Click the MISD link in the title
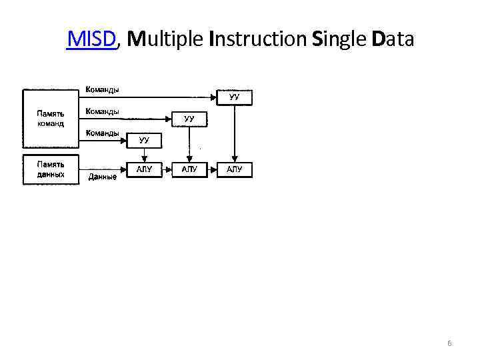[92, 39]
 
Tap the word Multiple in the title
[164, 39]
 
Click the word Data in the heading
[393, 39]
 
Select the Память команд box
[51, 119]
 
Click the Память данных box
[51, 169]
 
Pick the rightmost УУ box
[234, 97]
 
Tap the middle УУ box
[189, 119]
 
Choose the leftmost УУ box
[144, 140]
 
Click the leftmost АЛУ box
[144, 169]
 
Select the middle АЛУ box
[189, 169]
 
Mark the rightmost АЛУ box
[234, 169]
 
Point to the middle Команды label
[101, 111]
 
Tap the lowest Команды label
[101, 133]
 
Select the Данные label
[102, 177]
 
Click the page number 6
[449, 343]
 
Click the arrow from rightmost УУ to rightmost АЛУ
[234, 133]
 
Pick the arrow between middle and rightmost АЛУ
[211, 169]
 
